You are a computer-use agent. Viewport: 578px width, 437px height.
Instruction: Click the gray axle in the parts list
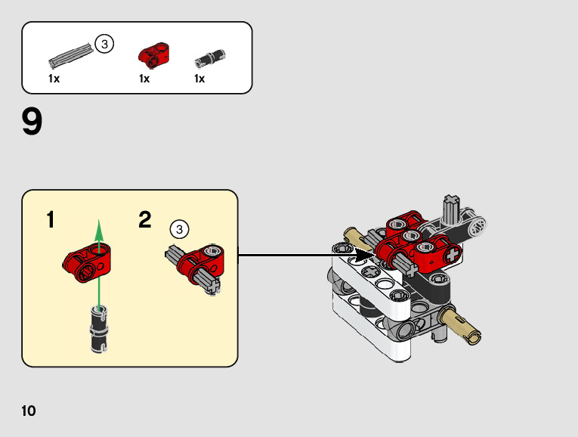[71, 55]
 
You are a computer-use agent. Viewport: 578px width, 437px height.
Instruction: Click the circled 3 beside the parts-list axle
[104, 45]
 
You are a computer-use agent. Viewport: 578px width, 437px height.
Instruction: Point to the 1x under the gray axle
[54, 79]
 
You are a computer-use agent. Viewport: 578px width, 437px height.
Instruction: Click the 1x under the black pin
[199, 79]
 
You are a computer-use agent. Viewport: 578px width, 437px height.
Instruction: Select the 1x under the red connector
[144, 79]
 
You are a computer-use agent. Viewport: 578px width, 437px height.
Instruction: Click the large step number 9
[32, 122]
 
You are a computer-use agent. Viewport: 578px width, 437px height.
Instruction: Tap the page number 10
[29, 411]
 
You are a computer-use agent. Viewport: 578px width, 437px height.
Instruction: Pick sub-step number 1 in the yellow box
[50, 221]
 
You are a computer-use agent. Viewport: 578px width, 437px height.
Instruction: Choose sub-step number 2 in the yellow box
[145, 221]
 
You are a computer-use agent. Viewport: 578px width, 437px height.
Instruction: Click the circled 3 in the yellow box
[179, 228]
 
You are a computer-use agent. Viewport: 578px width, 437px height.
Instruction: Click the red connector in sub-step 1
[85, 260]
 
